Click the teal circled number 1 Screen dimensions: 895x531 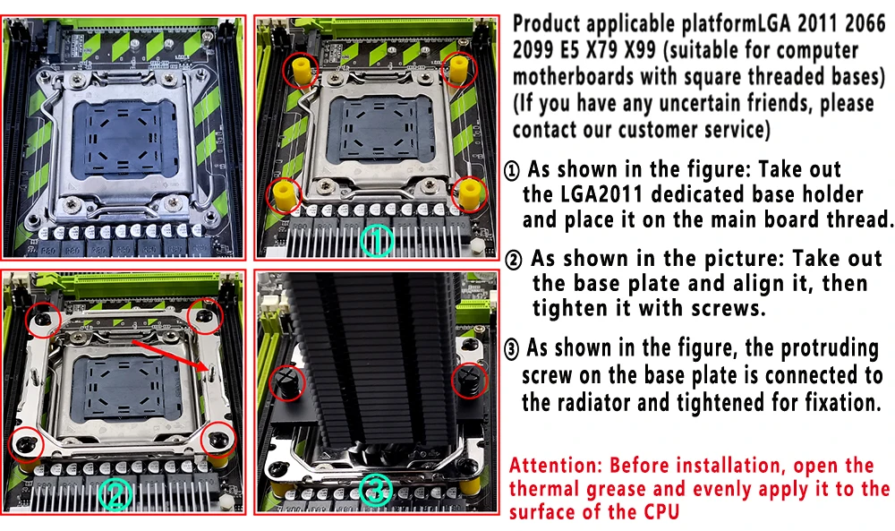377,240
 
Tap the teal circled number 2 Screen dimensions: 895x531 115,494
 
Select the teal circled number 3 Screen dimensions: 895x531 376,491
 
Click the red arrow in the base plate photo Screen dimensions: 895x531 169,355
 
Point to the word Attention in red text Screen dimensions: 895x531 556,466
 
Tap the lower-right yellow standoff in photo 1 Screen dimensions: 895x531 469,194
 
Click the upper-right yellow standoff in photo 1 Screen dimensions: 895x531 459,69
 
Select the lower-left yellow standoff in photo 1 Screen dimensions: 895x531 285,194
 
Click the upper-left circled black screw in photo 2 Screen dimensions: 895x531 43,319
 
